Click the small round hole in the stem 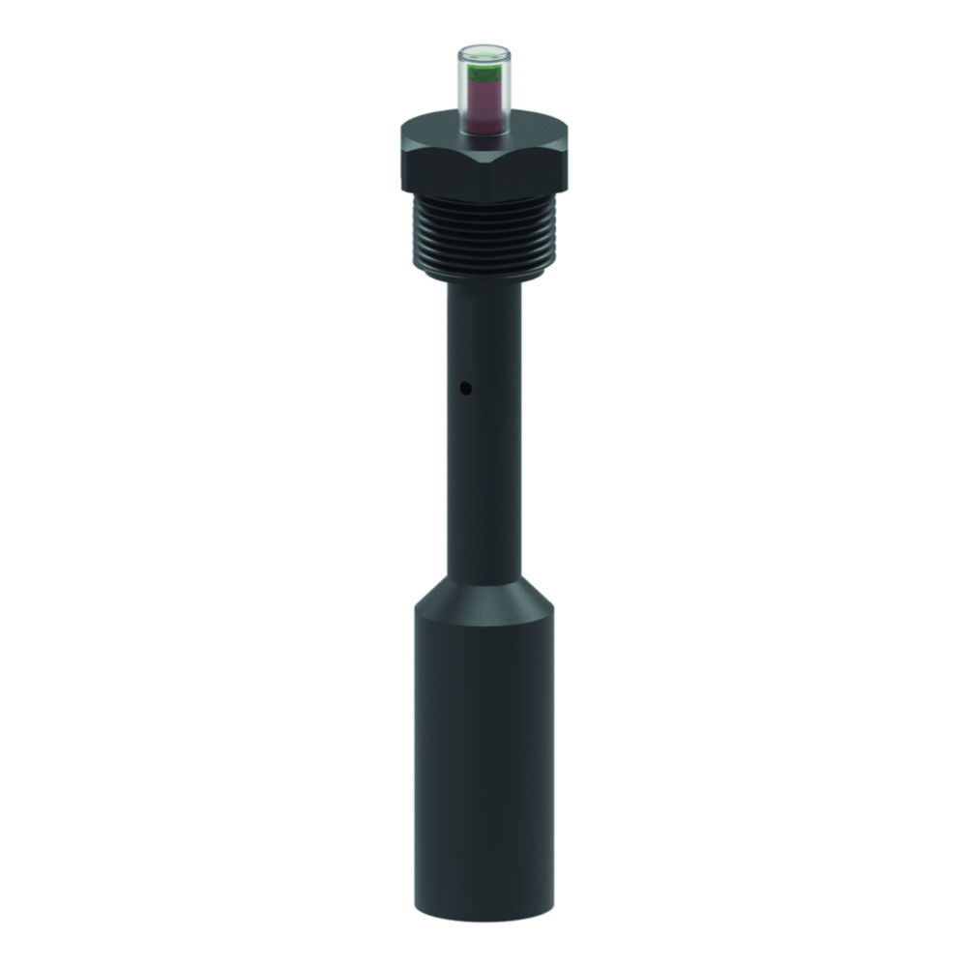(x=465, y=390)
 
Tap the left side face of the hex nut (x=440, y=169)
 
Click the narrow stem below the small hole (x=483, y=483)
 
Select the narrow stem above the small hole (x=483, y=334)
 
